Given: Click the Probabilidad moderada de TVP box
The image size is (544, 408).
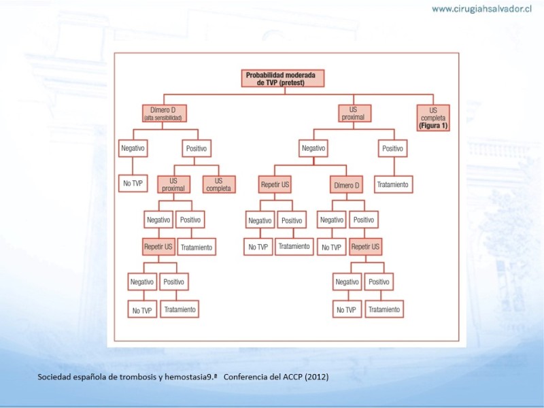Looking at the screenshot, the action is click(283, 78).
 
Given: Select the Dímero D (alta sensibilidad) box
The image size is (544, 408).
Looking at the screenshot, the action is click(165, 114).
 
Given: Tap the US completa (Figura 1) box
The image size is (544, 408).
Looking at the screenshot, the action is click(433, 118).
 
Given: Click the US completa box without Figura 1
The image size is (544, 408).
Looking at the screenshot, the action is click(219, 184).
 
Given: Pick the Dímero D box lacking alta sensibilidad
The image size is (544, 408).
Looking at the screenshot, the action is click(346, 184).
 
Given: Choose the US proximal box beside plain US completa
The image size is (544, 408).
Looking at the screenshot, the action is click(173, 184).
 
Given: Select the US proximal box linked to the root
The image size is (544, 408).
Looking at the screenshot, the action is click(354, 114).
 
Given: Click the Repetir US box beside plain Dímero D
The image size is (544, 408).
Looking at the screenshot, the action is click(275, 184).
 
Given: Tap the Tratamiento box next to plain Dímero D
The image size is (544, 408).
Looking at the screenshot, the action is click(394, 184).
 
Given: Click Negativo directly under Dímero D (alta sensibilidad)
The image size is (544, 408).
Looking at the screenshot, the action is click(133, 148).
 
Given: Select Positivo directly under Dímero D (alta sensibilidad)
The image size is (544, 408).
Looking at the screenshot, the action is click(197, 148).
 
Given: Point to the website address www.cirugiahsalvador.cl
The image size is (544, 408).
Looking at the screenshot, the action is click(481, 9).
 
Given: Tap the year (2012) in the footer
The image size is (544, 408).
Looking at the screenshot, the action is click(317, 377).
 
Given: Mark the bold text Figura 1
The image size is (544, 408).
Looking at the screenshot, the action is click(433, 126).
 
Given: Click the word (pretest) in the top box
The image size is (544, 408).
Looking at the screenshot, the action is click(292, 82).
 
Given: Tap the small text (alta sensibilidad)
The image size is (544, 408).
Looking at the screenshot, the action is click(163, 118).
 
